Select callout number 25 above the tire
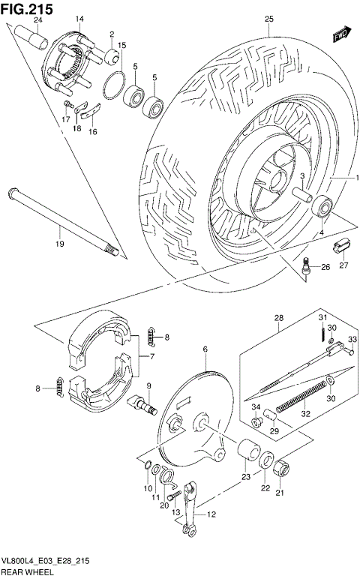point(268,19)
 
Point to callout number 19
point(58,244)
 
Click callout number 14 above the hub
point(79,18)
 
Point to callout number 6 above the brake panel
point(203,349)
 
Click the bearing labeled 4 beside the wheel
point(324,205)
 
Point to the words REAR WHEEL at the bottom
point(25,573)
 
